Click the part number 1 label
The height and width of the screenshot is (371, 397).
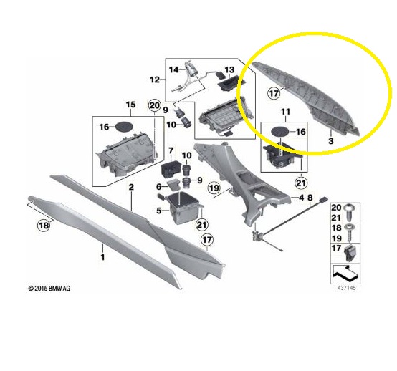(102, 257)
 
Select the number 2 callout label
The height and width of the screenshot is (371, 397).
(131, 187)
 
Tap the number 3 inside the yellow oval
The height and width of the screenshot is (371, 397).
(331, 140)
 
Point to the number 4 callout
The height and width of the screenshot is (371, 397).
(301, 198)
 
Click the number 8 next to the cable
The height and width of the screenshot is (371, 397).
(310, 198)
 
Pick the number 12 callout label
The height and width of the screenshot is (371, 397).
(155, 79)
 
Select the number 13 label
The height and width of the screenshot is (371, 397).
(229, 69)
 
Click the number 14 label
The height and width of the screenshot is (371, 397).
(173, 69)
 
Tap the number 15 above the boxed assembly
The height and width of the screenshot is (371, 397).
(130, 105)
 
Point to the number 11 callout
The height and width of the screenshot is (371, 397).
(285, 112)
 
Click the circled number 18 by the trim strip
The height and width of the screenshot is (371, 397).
(44, 225)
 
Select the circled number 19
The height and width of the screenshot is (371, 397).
(214, 188)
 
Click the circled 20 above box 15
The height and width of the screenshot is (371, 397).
(155, 105)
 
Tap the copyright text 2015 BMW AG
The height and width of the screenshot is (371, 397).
(49, 288)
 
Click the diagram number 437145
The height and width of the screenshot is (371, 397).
(346, 288)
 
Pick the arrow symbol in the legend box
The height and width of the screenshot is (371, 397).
(345, 274)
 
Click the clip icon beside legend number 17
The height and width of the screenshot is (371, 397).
(350, 254)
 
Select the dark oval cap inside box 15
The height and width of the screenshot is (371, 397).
(123, 127)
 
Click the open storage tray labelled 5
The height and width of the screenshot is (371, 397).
(184, 208)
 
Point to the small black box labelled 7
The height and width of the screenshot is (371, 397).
(171, 168)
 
